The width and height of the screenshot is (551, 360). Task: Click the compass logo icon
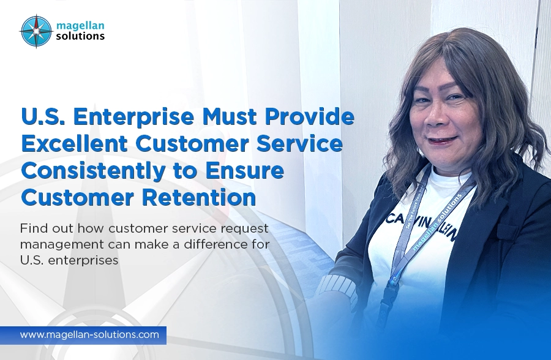click(35, 30)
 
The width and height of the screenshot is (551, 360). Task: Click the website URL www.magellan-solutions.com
click(89, 335)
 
